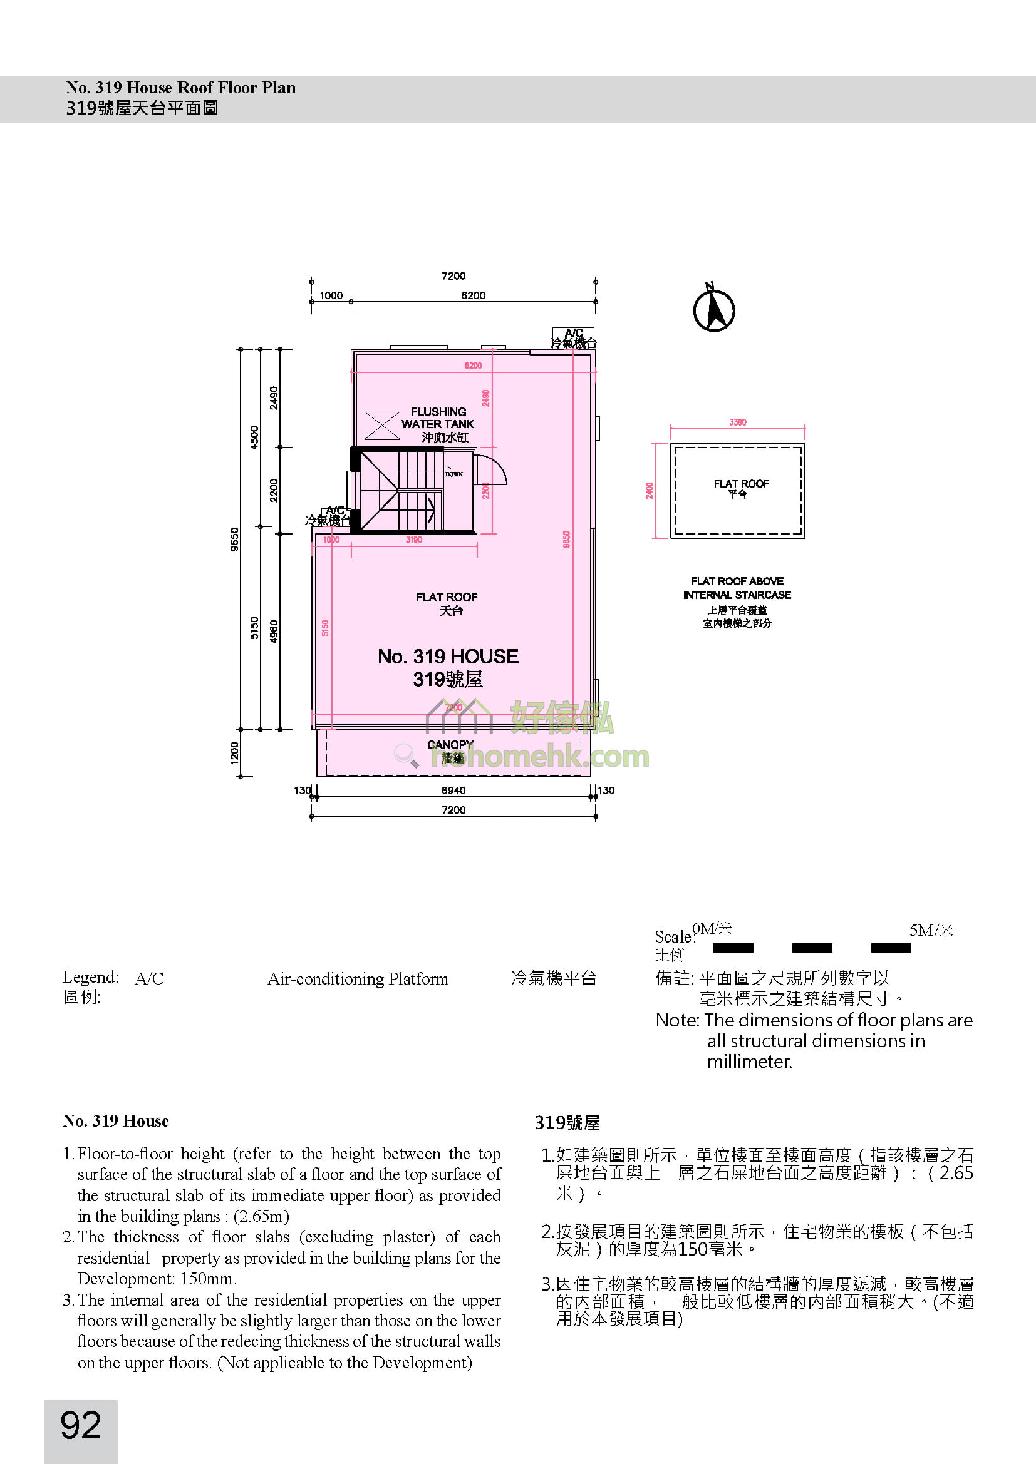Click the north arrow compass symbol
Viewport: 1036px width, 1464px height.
tap(714, 309)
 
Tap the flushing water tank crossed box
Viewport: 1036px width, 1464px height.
tap(382, 425)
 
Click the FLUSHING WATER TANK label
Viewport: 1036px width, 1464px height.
tap(438, 418)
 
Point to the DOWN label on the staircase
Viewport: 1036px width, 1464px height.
tap(453, 473)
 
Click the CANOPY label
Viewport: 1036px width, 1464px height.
tap(450, 745)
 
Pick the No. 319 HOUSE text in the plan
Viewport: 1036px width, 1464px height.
tap(448, 657)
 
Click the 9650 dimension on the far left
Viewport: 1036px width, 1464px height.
tap(235, 540)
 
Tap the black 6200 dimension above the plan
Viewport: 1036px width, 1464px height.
tap(473, 295)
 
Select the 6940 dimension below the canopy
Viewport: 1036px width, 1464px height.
tap(453, 791)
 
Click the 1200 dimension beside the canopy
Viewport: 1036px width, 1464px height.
tap(235, 753)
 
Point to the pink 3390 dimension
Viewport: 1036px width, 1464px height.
tap(737, 422)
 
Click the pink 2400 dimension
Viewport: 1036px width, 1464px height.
tap(650, 490)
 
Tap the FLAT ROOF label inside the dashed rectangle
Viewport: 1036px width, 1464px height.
tap(741, 484)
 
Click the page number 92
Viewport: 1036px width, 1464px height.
tap(81, 1425)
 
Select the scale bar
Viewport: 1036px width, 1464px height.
tap(811, 948)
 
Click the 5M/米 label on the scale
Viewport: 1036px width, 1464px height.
tap(931, 930)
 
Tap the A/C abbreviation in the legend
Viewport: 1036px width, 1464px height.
tap(149, 979)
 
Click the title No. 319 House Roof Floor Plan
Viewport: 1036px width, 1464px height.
tap(180, 88)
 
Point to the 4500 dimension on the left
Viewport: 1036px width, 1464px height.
tap(254, 438)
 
